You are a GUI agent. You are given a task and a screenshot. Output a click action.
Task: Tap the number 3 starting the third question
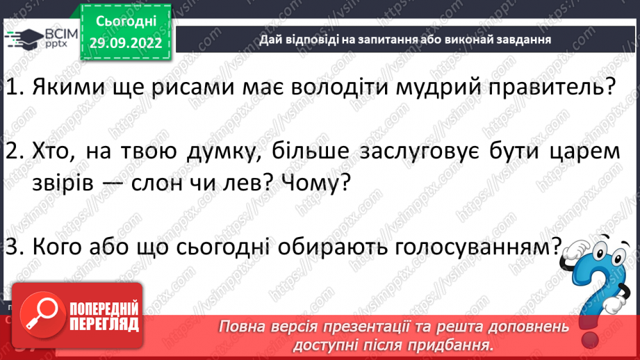(10, 246)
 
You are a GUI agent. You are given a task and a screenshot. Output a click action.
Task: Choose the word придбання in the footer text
(451, 344)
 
